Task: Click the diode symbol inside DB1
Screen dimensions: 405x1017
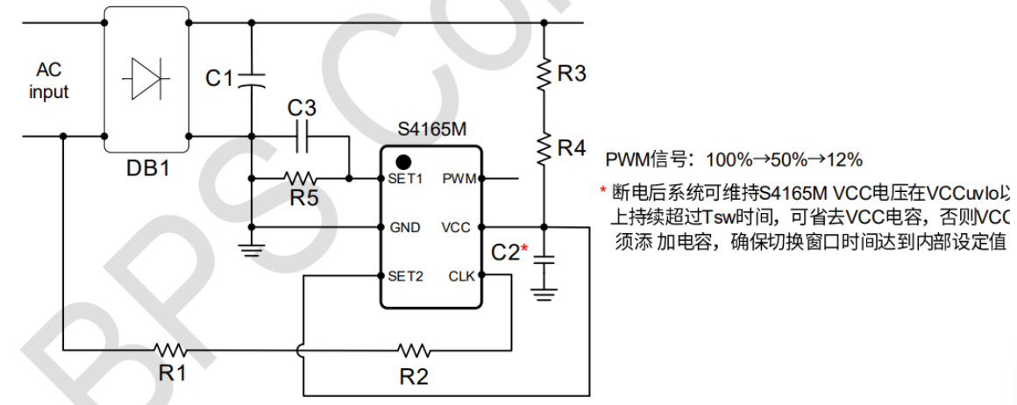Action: tap(146, 79)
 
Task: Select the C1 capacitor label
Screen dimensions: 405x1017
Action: tap(219, 79)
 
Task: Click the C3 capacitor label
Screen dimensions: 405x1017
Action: tap(302, 109)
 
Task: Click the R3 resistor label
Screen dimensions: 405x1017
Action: tap(572, 75)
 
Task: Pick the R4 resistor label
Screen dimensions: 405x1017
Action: tap(572, 148)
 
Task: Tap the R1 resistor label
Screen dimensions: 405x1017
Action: tap(173, 373)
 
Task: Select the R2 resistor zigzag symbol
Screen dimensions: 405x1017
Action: tap(413, 351)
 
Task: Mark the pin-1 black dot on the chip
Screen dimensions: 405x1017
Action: tap(403, 161)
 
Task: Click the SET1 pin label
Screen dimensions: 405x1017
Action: tap(406, 180)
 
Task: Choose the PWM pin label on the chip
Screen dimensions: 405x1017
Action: tap(459, 180)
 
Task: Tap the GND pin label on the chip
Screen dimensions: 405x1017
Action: tap(404, 228)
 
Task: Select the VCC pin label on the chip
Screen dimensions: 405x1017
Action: tap(457, 228)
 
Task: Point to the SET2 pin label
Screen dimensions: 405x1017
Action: tap(406, 276)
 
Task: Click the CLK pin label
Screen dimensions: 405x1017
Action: tap(460, 276)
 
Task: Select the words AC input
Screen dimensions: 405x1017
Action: tap(48, 81)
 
